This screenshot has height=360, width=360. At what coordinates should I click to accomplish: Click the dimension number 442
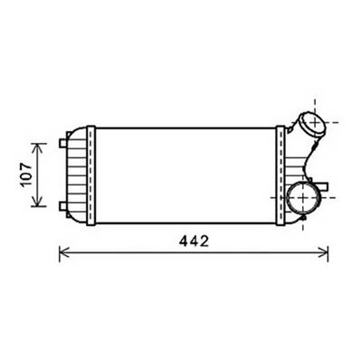point(193,242)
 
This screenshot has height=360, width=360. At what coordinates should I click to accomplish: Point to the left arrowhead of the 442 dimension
point(63,254)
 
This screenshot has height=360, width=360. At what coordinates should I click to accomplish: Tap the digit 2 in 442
point(204,242)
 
